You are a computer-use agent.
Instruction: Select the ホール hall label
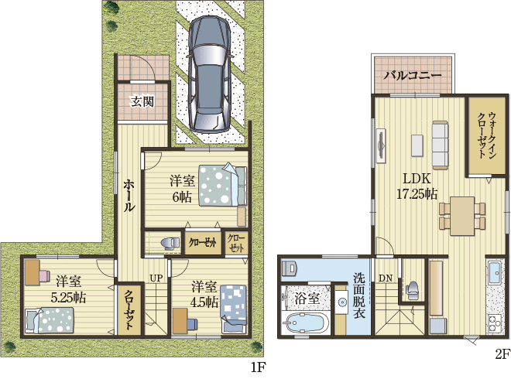129,196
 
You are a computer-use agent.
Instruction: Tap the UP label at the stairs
156,278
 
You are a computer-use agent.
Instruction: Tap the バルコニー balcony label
413,76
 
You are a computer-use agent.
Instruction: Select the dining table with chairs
463,214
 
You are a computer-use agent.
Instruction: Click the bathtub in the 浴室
306,323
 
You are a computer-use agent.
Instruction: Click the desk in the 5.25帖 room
32,274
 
